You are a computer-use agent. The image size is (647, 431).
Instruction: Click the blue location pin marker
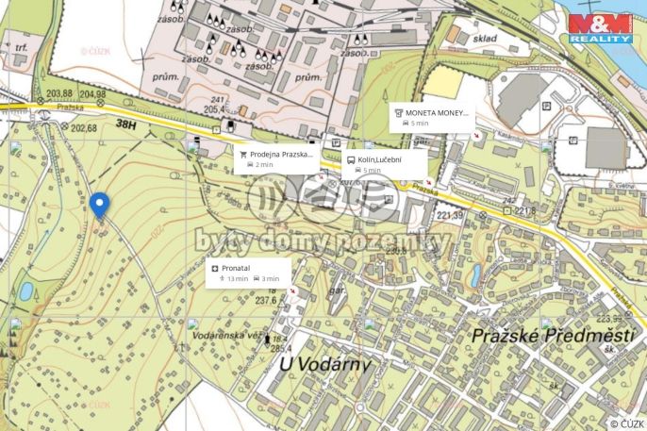click(99, 204)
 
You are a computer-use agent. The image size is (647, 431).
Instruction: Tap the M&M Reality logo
click(601, 28)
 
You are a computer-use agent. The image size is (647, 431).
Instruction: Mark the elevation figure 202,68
click(84, 128)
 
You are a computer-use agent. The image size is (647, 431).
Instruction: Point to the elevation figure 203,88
click(59, 93)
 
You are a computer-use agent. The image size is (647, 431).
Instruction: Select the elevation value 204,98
click(93, 93)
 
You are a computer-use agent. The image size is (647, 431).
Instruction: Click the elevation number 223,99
click(615, 319)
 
